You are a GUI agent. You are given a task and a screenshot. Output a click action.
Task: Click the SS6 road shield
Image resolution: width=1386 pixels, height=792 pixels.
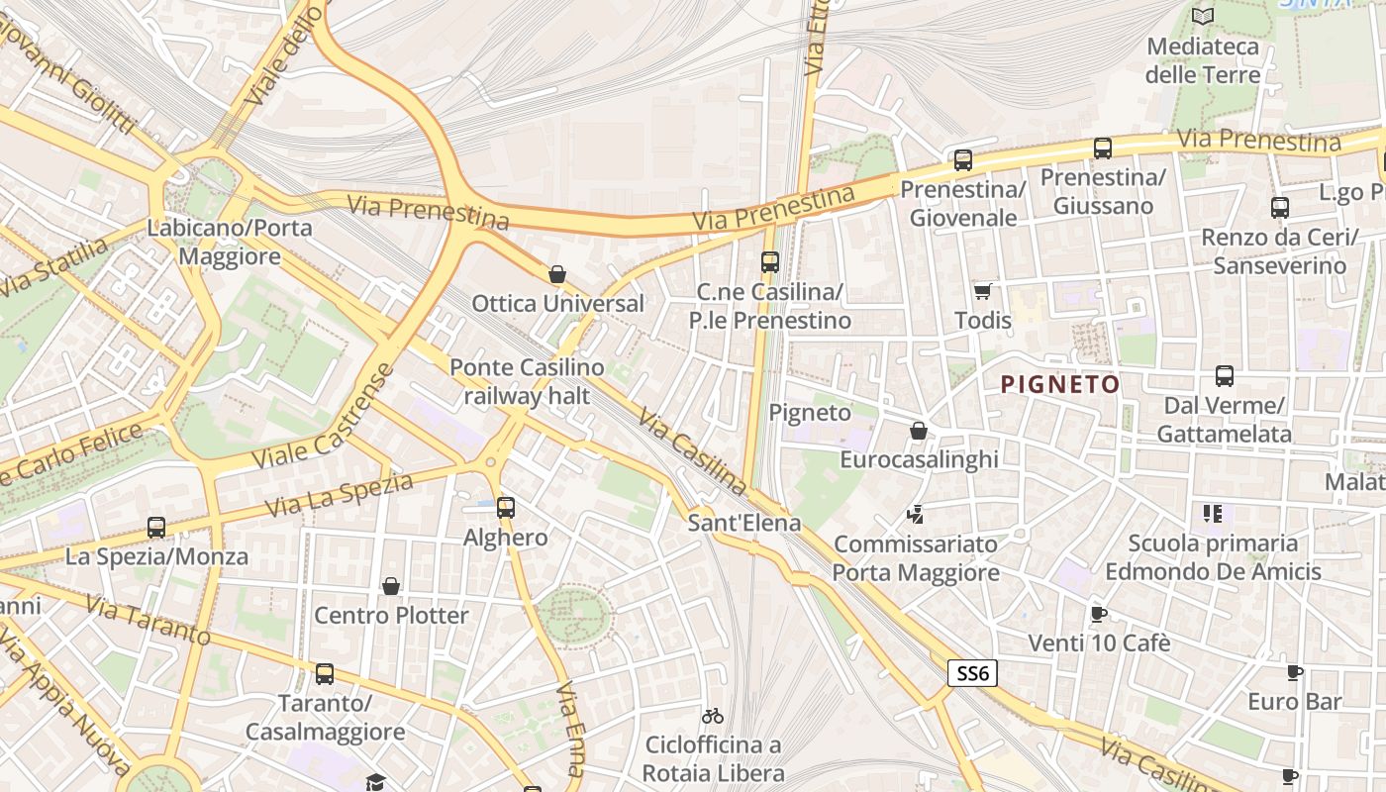pos(972,673)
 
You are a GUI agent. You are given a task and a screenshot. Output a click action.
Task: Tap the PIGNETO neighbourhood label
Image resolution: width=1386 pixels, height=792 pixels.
pos(1060,384)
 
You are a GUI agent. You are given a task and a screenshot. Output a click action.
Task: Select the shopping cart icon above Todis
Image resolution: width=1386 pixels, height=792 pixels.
pos(982,291)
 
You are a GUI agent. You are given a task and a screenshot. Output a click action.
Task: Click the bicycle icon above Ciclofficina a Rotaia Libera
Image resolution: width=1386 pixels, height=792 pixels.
pos(712,715)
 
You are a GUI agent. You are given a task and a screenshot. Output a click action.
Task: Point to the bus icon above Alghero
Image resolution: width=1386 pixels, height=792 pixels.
pos(506,508)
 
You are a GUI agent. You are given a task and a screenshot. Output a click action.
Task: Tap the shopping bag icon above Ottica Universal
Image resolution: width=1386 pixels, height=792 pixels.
pos(557,273)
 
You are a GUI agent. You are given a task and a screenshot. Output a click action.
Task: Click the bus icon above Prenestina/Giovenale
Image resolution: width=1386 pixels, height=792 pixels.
pos(963,159)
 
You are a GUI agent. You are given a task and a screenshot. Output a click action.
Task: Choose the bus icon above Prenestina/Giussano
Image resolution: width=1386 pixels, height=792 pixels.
pos(1103,148)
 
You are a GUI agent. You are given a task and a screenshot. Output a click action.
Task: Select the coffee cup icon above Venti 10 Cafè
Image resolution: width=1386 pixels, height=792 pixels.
pos(1098,614)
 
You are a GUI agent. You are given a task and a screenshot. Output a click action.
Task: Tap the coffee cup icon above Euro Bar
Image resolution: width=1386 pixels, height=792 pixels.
pos(1294,673)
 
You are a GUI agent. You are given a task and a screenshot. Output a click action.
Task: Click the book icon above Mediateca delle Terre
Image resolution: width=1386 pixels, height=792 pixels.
pos(1203,17)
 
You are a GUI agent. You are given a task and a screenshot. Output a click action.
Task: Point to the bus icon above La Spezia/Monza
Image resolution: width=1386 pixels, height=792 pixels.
pos(156,528)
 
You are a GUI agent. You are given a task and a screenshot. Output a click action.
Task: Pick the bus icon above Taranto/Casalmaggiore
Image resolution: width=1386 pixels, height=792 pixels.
pos(325,674)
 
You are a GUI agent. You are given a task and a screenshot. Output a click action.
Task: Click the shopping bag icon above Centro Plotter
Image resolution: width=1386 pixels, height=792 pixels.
pos(391,586)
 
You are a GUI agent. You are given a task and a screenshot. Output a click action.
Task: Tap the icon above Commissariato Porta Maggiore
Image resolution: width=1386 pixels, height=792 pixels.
pos(916,515)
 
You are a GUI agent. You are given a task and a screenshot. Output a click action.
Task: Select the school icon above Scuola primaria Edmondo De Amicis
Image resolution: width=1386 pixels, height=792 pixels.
pos(1213,514)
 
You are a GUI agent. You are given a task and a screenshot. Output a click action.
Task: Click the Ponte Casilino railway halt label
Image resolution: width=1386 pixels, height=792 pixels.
pos(527,381)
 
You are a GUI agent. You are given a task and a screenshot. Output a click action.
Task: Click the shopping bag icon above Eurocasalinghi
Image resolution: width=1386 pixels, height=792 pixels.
pos(919,431)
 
